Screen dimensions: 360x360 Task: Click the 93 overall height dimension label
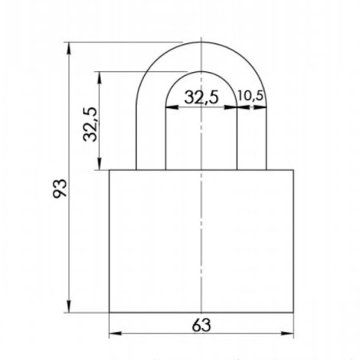(x=59, y=189)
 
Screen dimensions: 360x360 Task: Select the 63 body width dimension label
(x=202, y=326)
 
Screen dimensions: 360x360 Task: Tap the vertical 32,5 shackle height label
(x=90, y=124)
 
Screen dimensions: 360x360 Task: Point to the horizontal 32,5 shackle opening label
(x=202, y=97)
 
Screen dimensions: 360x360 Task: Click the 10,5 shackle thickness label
(x=250, y=96)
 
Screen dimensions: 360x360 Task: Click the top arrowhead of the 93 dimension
(x=69, y=49)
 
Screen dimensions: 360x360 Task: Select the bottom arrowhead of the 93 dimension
(x=69, y=306)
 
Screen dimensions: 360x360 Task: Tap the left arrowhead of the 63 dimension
(x=115, y=334)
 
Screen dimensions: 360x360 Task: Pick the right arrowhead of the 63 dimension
(x=287, y=334)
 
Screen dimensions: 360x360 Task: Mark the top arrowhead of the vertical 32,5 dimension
(x=99, y=78)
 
